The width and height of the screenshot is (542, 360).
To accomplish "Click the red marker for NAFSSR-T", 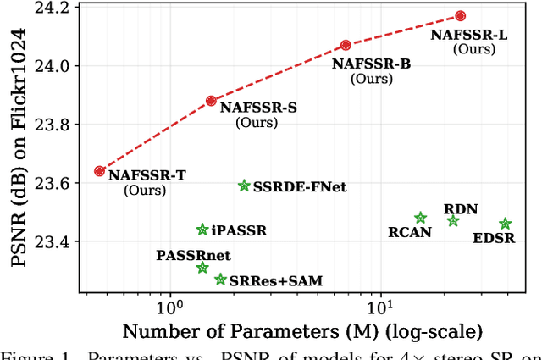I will pyautogui.click(x=100, y=171).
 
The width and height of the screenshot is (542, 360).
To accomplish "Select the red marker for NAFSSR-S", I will pyautogui.click(x=212, y=101).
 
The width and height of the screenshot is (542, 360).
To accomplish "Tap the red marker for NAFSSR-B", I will pyautogui.click(x=346, y=45).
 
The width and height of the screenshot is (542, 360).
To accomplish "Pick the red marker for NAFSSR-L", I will pyautogui.click(x=461, y=16).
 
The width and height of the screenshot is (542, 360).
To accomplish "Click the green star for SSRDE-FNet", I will pyautogui.click(x=244, y=186).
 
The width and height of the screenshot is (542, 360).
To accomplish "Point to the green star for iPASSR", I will pyautogui.click(x=202, y=230).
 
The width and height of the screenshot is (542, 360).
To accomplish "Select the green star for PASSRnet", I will pyautogui.click(x=202, y=268).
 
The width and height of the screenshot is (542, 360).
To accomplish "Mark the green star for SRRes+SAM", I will pyautogui.click(x=221, y=280).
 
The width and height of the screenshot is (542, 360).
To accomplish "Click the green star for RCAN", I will pyautogui.click(x=421, y=219).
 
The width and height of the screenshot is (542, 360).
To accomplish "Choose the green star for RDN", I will pyautogui.click(x=453, y=221).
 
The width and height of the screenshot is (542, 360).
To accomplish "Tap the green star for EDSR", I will pyautogui.click(x=506, y=224).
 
